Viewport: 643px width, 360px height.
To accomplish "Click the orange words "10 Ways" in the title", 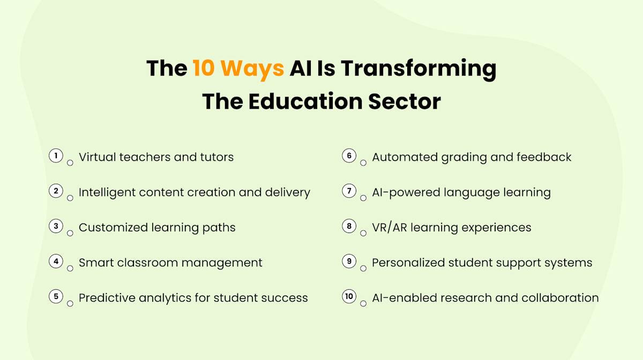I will click(x=238, y=69).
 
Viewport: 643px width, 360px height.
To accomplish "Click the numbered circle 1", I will click(x=56, y=156).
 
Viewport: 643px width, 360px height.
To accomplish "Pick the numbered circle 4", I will click(x=56, y=261).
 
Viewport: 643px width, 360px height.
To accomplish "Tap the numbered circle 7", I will click(x=349, y=191).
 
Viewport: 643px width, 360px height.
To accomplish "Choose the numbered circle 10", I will click(x=349, y=297).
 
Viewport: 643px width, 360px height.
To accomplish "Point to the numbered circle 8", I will click(x=349, y=227).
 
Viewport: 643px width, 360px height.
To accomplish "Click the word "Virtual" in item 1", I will click(x=97, y=157).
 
